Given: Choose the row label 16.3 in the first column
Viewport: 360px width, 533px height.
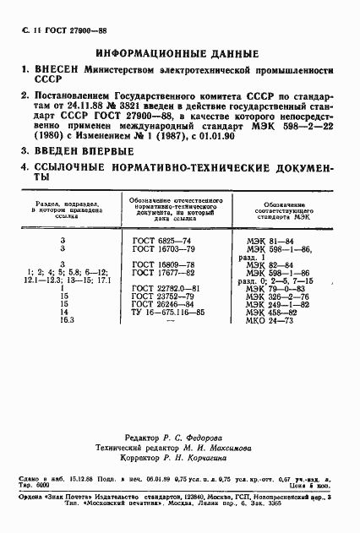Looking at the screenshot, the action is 63,321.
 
